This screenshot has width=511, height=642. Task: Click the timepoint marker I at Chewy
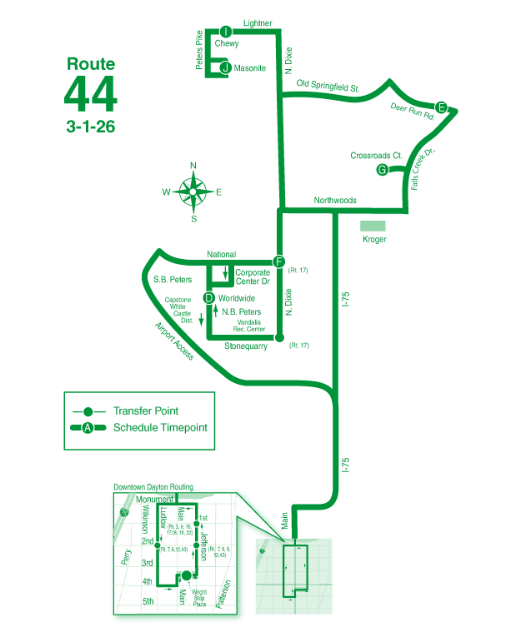(226, 32)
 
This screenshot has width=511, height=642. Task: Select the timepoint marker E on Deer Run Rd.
(442, 107)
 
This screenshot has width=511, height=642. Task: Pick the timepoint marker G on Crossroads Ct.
(383, 170)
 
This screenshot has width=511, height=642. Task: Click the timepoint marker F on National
(279, 260)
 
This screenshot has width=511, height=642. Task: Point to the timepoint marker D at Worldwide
(209, 297)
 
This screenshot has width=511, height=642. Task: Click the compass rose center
(193, 192)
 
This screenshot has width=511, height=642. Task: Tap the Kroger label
(375, 240)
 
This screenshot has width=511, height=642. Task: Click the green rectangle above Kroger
(373, 226)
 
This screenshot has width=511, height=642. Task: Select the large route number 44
(91, 93)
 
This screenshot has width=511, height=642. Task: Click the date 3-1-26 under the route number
(91, 127)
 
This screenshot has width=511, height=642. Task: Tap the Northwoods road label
(335, 201)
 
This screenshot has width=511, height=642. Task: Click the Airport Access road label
(174, 341)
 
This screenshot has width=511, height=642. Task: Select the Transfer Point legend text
(146, 411)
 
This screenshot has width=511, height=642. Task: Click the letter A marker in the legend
(87, 428)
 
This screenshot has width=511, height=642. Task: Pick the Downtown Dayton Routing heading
(153, 487)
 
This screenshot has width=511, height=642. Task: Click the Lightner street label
(258, 24)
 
